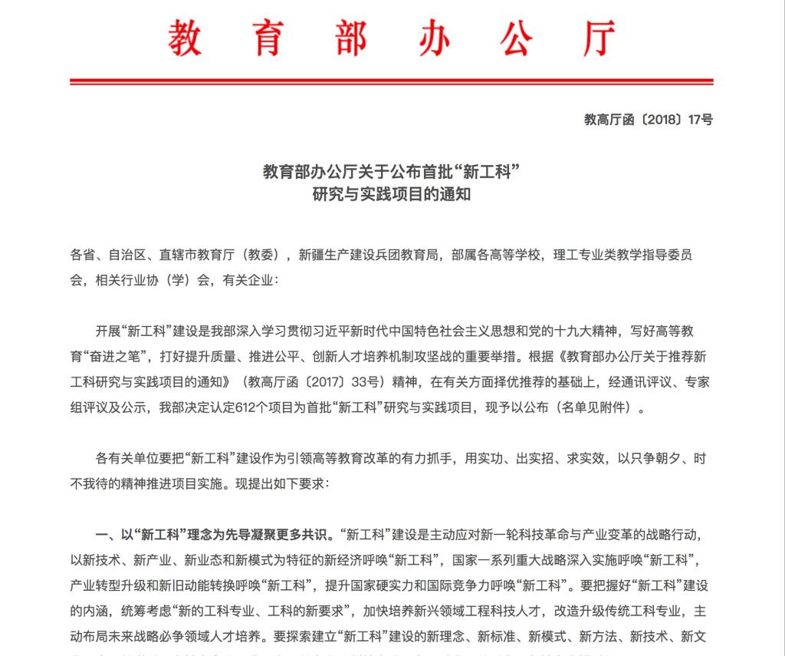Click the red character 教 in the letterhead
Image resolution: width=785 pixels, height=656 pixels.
coord(185,38)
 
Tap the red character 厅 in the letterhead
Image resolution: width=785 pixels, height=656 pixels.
coord(599,38)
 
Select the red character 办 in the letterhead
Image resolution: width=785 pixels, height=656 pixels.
coord(433,38)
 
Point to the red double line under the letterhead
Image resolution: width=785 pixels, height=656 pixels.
coord(392,81)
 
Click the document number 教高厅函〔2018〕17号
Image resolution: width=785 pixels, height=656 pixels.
coord(649,120)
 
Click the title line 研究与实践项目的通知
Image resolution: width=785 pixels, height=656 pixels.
coord(392,194)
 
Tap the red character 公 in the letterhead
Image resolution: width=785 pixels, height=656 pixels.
coord(517,38)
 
